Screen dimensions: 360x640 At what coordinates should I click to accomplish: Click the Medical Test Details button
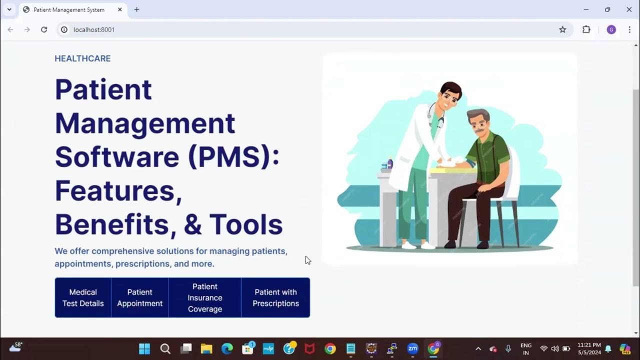coord(83,297)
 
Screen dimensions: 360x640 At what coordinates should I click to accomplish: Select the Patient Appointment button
coord(140,297)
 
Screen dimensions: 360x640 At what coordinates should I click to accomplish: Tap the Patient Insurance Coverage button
coord(205,297)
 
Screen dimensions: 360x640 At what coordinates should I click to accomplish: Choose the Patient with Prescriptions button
coord(275,297)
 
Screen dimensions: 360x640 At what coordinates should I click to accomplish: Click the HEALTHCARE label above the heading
coord(82,58)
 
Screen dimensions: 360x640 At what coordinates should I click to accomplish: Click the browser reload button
coord(44,29)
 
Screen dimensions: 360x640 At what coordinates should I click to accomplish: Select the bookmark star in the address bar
coord(562,29)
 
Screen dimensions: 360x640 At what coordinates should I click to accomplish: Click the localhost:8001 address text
coord(94,29)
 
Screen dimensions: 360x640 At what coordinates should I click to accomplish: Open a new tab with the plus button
coord(136,9)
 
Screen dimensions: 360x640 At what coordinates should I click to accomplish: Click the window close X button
coord(629,9)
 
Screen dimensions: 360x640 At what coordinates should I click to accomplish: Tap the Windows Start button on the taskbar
coord(144,348)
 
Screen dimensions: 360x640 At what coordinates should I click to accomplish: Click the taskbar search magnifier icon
coord(165,348)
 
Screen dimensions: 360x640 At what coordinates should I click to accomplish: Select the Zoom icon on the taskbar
coord(412,348)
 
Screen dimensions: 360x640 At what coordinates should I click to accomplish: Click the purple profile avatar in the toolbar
coord(611,29)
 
